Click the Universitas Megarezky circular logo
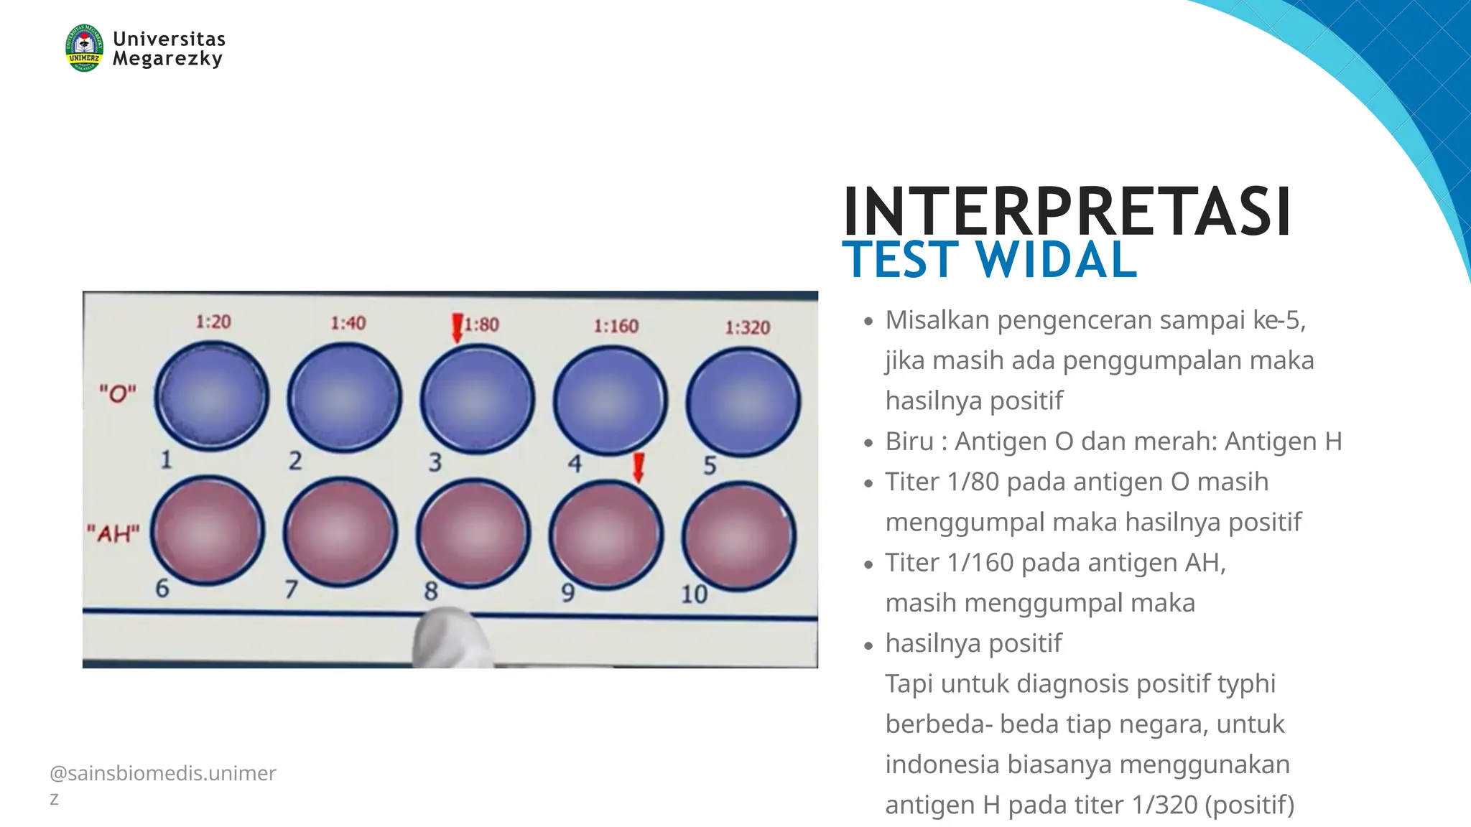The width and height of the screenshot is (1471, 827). pos(84,48)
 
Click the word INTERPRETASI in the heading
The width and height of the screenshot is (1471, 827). pos(1067,212)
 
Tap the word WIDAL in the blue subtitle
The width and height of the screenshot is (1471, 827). pos(1057,260)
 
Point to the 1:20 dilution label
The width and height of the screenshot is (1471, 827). pos(213,322)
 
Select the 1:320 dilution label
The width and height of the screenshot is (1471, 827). pos(747,328)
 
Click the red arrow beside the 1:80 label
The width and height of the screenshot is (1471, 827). pos(457,327)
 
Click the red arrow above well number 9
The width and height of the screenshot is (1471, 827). pos(638,467)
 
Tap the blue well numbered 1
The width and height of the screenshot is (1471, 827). pos(212,396)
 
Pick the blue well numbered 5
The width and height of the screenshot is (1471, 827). pos(743,401)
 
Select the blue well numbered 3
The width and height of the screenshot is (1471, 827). pos(477,398)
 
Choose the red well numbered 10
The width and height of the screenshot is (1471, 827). pos(739,536)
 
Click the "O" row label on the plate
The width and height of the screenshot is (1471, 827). pos(118,393)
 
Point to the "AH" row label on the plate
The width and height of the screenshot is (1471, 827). pos(113,533)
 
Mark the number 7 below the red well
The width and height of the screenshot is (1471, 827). pos(291,589)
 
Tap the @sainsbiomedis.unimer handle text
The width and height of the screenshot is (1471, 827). pos(163,773)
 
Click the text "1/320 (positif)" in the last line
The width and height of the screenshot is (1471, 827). pos(1212,805)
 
